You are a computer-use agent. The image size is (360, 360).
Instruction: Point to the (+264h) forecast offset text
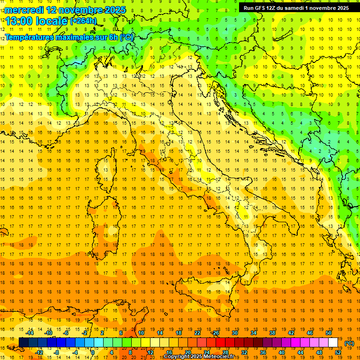click(x=84, y=21)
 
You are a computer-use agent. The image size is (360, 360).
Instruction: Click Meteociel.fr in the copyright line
click(x=219, y=357)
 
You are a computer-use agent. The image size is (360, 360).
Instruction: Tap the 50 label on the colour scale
click(x=329, y=333)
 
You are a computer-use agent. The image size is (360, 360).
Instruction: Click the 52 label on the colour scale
click(x=338, y=352)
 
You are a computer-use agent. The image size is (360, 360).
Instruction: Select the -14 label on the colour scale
click(x=30, y=333)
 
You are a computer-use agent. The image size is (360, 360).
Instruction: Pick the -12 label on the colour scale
click(x=39, y=352)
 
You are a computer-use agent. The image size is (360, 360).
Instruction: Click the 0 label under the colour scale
click(x=93, y=352)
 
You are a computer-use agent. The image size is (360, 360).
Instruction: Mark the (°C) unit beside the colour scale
click(x=349, y=343)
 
